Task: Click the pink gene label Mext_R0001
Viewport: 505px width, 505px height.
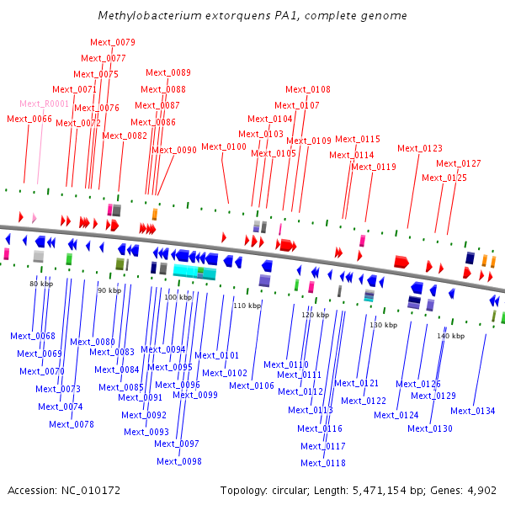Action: pos(44,104)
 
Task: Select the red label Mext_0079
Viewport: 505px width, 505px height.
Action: pos(113,42)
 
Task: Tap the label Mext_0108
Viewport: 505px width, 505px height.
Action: pos(308,89)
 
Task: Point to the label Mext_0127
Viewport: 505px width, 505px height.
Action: pos(459,163)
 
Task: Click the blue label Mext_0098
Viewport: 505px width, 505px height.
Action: pos(179,460)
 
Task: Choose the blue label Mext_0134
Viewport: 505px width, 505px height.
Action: pos(473,411)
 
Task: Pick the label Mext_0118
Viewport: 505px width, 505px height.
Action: pos(323,463)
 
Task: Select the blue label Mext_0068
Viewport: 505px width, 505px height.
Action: pos(33,336)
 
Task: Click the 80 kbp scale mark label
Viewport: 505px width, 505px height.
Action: pos(41,284)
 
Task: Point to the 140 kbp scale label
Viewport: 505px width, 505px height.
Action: pos(450,336)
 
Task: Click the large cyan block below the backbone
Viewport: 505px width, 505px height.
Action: pos(194,271)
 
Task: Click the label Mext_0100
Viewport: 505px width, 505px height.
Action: pos(224,146)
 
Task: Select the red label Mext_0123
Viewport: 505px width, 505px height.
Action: pos(420,148)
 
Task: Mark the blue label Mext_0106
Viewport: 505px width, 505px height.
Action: pos(252,385)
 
